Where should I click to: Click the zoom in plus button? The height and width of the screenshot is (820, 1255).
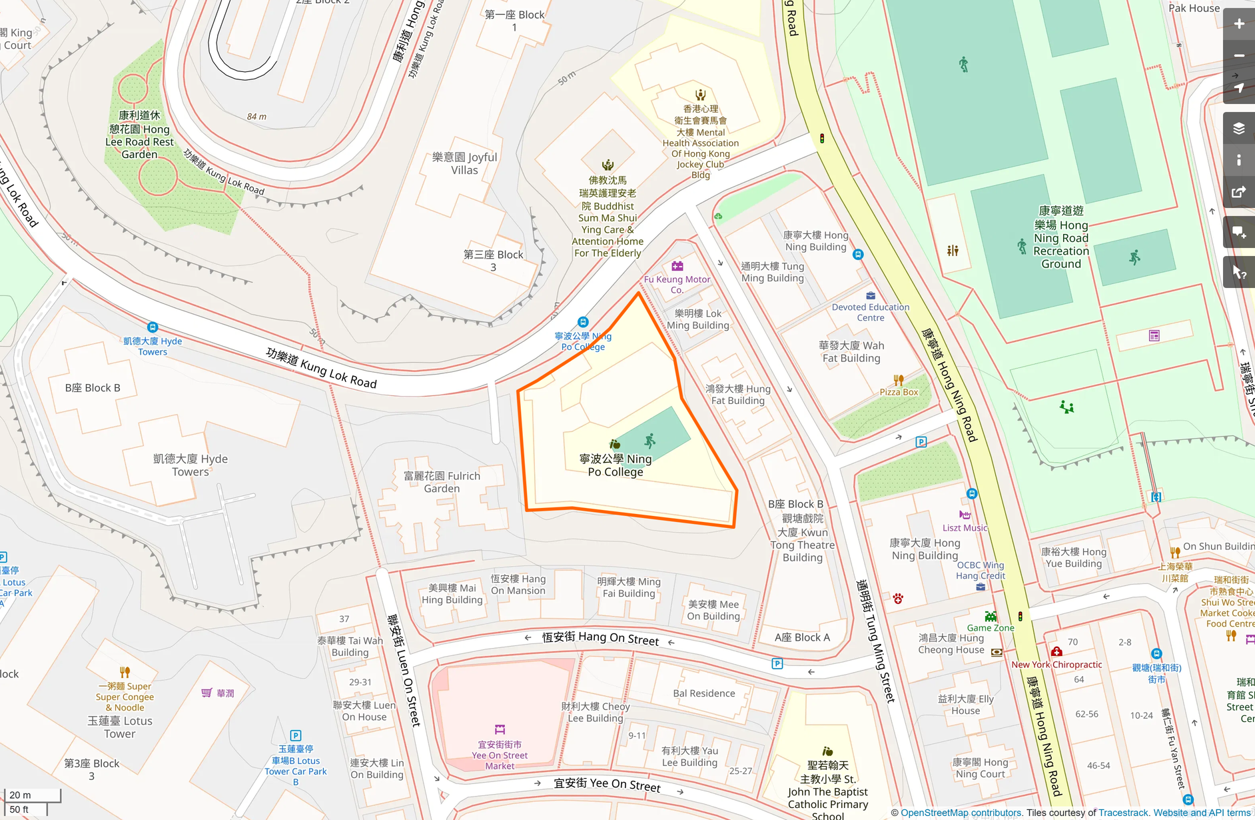(x=1238, y=24)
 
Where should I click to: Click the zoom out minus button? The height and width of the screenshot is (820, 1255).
(x=1238, y=56)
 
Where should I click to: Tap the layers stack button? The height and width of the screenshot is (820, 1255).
(x=1238, y=129)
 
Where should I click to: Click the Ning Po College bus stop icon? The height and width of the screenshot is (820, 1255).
(x=583, y=322)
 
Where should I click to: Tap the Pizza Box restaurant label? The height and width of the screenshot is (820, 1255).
(x=899, y=392)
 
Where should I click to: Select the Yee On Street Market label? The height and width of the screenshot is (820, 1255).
(x=500, y=755)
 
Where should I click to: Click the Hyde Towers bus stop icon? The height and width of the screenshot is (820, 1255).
(x=153, y=327)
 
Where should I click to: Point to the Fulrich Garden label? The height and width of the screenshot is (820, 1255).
(x=442, y=482)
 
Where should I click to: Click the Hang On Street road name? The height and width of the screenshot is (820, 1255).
(x=600, y=638)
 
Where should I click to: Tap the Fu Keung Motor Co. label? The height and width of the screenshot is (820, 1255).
(x=677, y=284)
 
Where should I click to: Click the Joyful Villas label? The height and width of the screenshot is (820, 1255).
(x=464, y=163)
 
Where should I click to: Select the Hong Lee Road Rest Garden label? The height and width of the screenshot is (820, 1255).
(x=139, y=135)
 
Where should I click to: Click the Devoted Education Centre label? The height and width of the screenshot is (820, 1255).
(x=870, y=312)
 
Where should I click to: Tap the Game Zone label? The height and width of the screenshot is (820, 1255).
(x=990, y=627)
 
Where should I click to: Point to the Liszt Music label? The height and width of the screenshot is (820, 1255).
(x=965, y=527)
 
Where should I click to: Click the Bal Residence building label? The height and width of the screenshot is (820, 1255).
(x=703, y=693)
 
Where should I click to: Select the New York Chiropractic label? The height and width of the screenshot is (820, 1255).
(x=1056, y=664)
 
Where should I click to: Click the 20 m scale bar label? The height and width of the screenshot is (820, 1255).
(x=20, y=795)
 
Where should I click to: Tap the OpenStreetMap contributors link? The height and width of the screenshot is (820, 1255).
(x=961, y=813)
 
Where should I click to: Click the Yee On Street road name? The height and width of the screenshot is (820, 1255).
(x=607, y=785)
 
